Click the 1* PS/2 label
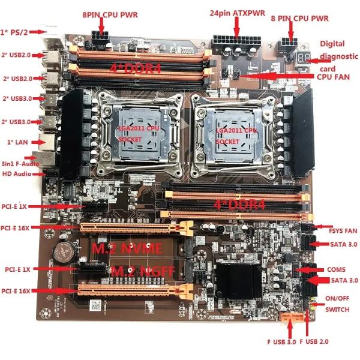tap(14, 31)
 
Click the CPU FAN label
tap(333, 76)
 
